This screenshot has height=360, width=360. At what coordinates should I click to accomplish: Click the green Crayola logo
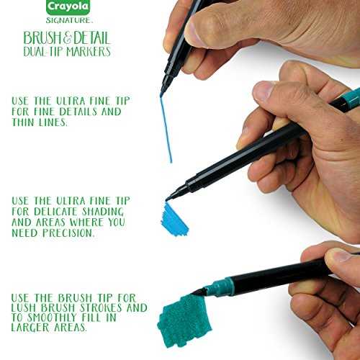click(68, 7)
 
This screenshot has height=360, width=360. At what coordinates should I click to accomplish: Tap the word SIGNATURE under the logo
click(68, 20)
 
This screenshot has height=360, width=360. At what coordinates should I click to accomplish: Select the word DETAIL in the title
click(91, 38)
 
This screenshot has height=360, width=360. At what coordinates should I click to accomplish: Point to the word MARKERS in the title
click(89, 52)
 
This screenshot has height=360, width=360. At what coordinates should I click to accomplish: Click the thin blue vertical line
click(166, 130)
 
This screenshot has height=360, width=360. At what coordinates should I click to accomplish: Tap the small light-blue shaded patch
click(174, 220)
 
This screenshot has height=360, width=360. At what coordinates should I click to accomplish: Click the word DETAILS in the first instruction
click(78, 112)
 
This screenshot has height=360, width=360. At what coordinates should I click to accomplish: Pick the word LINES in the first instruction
click(53, 122)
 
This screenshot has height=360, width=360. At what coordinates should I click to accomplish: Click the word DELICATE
click(56, 212)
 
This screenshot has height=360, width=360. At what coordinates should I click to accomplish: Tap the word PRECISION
click(68, 233)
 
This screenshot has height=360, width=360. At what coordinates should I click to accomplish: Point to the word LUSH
click(24, 307)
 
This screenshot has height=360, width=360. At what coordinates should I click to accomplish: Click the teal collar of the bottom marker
click(221, 287)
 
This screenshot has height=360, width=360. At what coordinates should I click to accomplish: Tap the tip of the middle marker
click(167, 199)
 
